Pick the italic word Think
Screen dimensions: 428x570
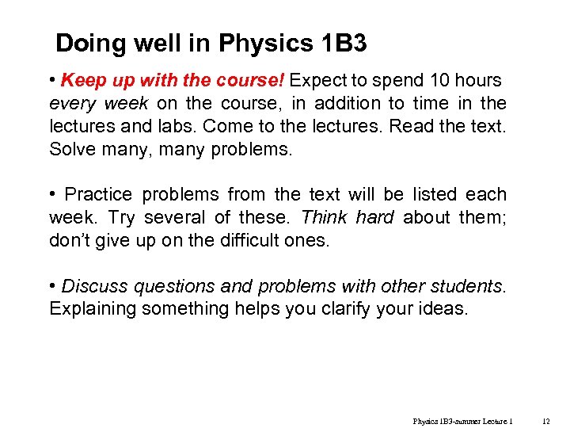324,218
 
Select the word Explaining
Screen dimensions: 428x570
93,309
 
